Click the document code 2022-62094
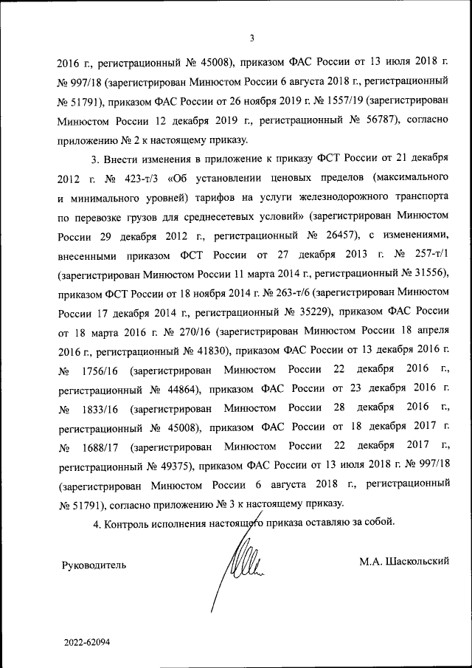[86, 642]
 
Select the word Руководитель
[93, 565]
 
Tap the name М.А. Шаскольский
[404, 562]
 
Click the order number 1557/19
[341, 100]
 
